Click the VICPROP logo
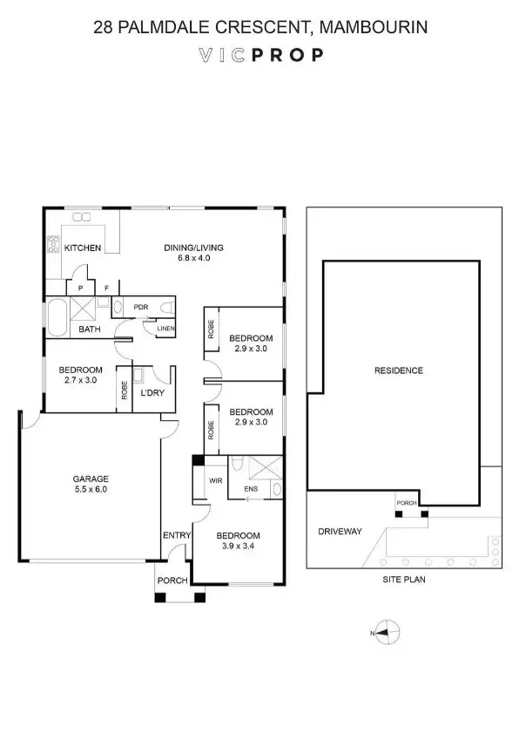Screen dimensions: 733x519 260,54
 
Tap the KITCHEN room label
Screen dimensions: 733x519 83,248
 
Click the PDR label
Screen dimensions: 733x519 141,307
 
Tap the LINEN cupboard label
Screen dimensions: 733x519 165,329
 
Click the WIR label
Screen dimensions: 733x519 215,480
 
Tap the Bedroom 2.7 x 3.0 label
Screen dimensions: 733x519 81,374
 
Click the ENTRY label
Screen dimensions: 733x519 175,535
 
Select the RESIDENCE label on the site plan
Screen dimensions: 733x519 398,370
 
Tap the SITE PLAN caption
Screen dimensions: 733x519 401,578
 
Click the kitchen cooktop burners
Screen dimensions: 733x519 53,246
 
